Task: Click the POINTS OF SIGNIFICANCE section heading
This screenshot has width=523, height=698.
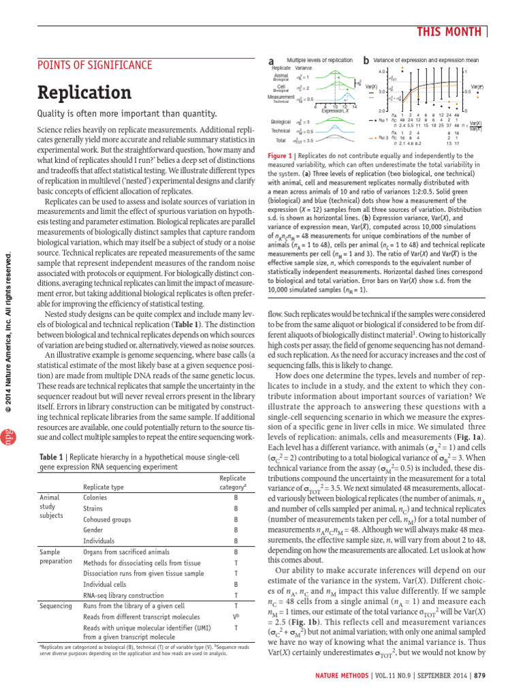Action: [x=94, y=65]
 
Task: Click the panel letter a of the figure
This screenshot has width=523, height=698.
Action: [x=272, y=61]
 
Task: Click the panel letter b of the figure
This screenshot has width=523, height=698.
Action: [x=366, y=61]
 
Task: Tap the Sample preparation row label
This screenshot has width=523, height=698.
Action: [x=55, y=556]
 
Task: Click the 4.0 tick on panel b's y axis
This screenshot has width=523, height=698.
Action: [x=382, y=71]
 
